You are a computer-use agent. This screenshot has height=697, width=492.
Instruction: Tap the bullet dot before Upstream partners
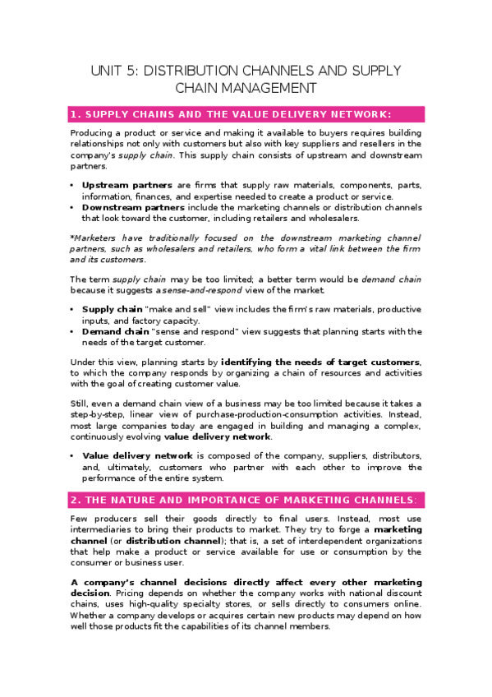click(72, 185)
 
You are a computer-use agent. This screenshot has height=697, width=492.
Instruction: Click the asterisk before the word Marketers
click(71, 237)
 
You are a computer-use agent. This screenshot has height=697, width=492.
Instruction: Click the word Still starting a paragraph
click(79, 403)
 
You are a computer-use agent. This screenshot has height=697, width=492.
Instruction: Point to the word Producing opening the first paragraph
click(92, 133)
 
